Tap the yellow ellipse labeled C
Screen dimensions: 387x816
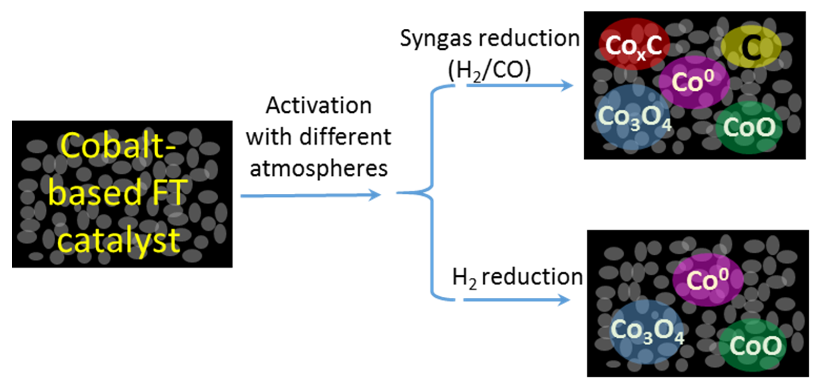point(751,47)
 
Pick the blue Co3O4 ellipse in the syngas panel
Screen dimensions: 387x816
point(633,117)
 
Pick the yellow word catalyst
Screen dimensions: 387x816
point(119,241)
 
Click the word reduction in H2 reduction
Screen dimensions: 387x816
point(532,277)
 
